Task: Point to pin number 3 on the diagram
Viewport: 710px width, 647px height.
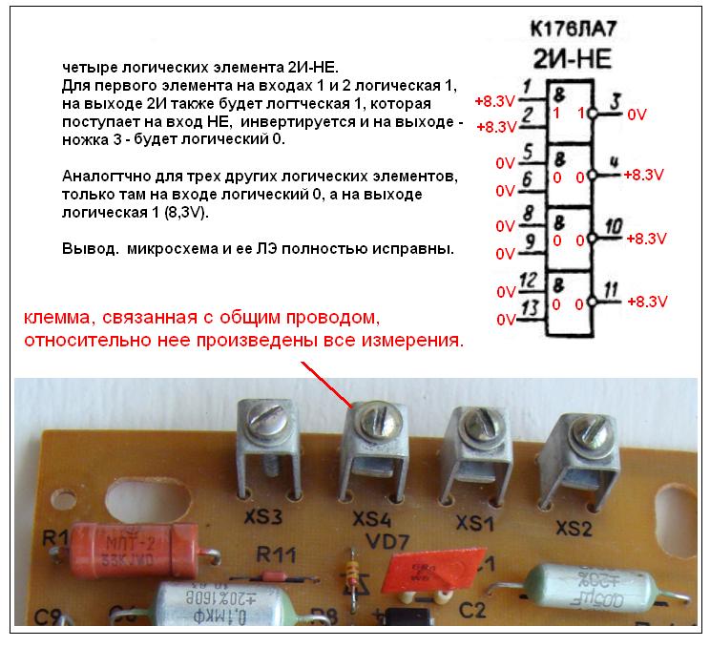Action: [x=614, y=99]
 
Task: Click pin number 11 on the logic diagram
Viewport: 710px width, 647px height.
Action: [x=613, y=287]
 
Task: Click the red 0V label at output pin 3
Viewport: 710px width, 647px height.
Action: [x=636, y=115]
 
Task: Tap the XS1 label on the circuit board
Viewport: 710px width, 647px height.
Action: [x=474, y=524]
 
